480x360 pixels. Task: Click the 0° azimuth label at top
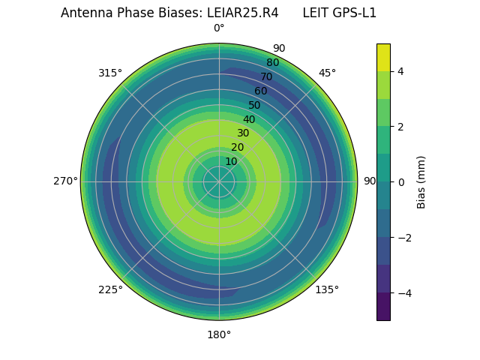click(x=219, y=28)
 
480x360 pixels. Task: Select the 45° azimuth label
click(x=327, y=73)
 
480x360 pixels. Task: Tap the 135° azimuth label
click(x=327, y=289)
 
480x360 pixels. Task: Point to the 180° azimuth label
click(x=219, y=334)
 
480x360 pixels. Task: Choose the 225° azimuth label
click(x=110, y=289)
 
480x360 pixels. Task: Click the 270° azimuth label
click(x=65, y=181)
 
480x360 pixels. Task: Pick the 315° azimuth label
click(x=110, y=73)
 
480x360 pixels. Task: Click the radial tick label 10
click(x=231, y=162)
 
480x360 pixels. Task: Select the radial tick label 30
click(x=243, y=133)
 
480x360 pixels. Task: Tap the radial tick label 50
click(x=254, y=105)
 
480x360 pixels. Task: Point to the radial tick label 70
click(x=266, y=76)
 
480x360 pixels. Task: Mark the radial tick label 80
click(x=272, y=63)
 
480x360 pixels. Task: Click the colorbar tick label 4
click(x=400, y=71)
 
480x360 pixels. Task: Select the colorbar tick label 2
click(x=400, y=127)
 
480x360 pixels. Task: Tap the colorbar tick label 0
click(x=400, y=182)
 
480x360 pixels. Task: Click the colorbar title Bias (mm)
click(x=421, y=182)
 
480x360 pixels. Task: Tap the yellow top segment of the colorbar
click(x=383, y=57)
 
